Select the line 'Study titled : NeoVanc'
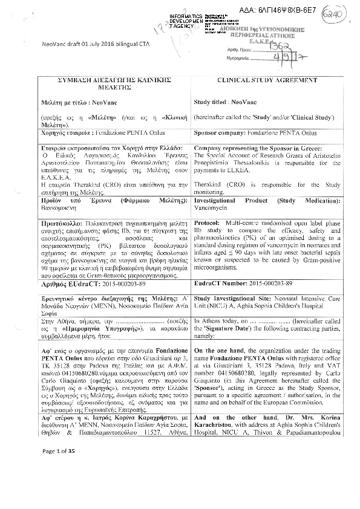tap(229, 103)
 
